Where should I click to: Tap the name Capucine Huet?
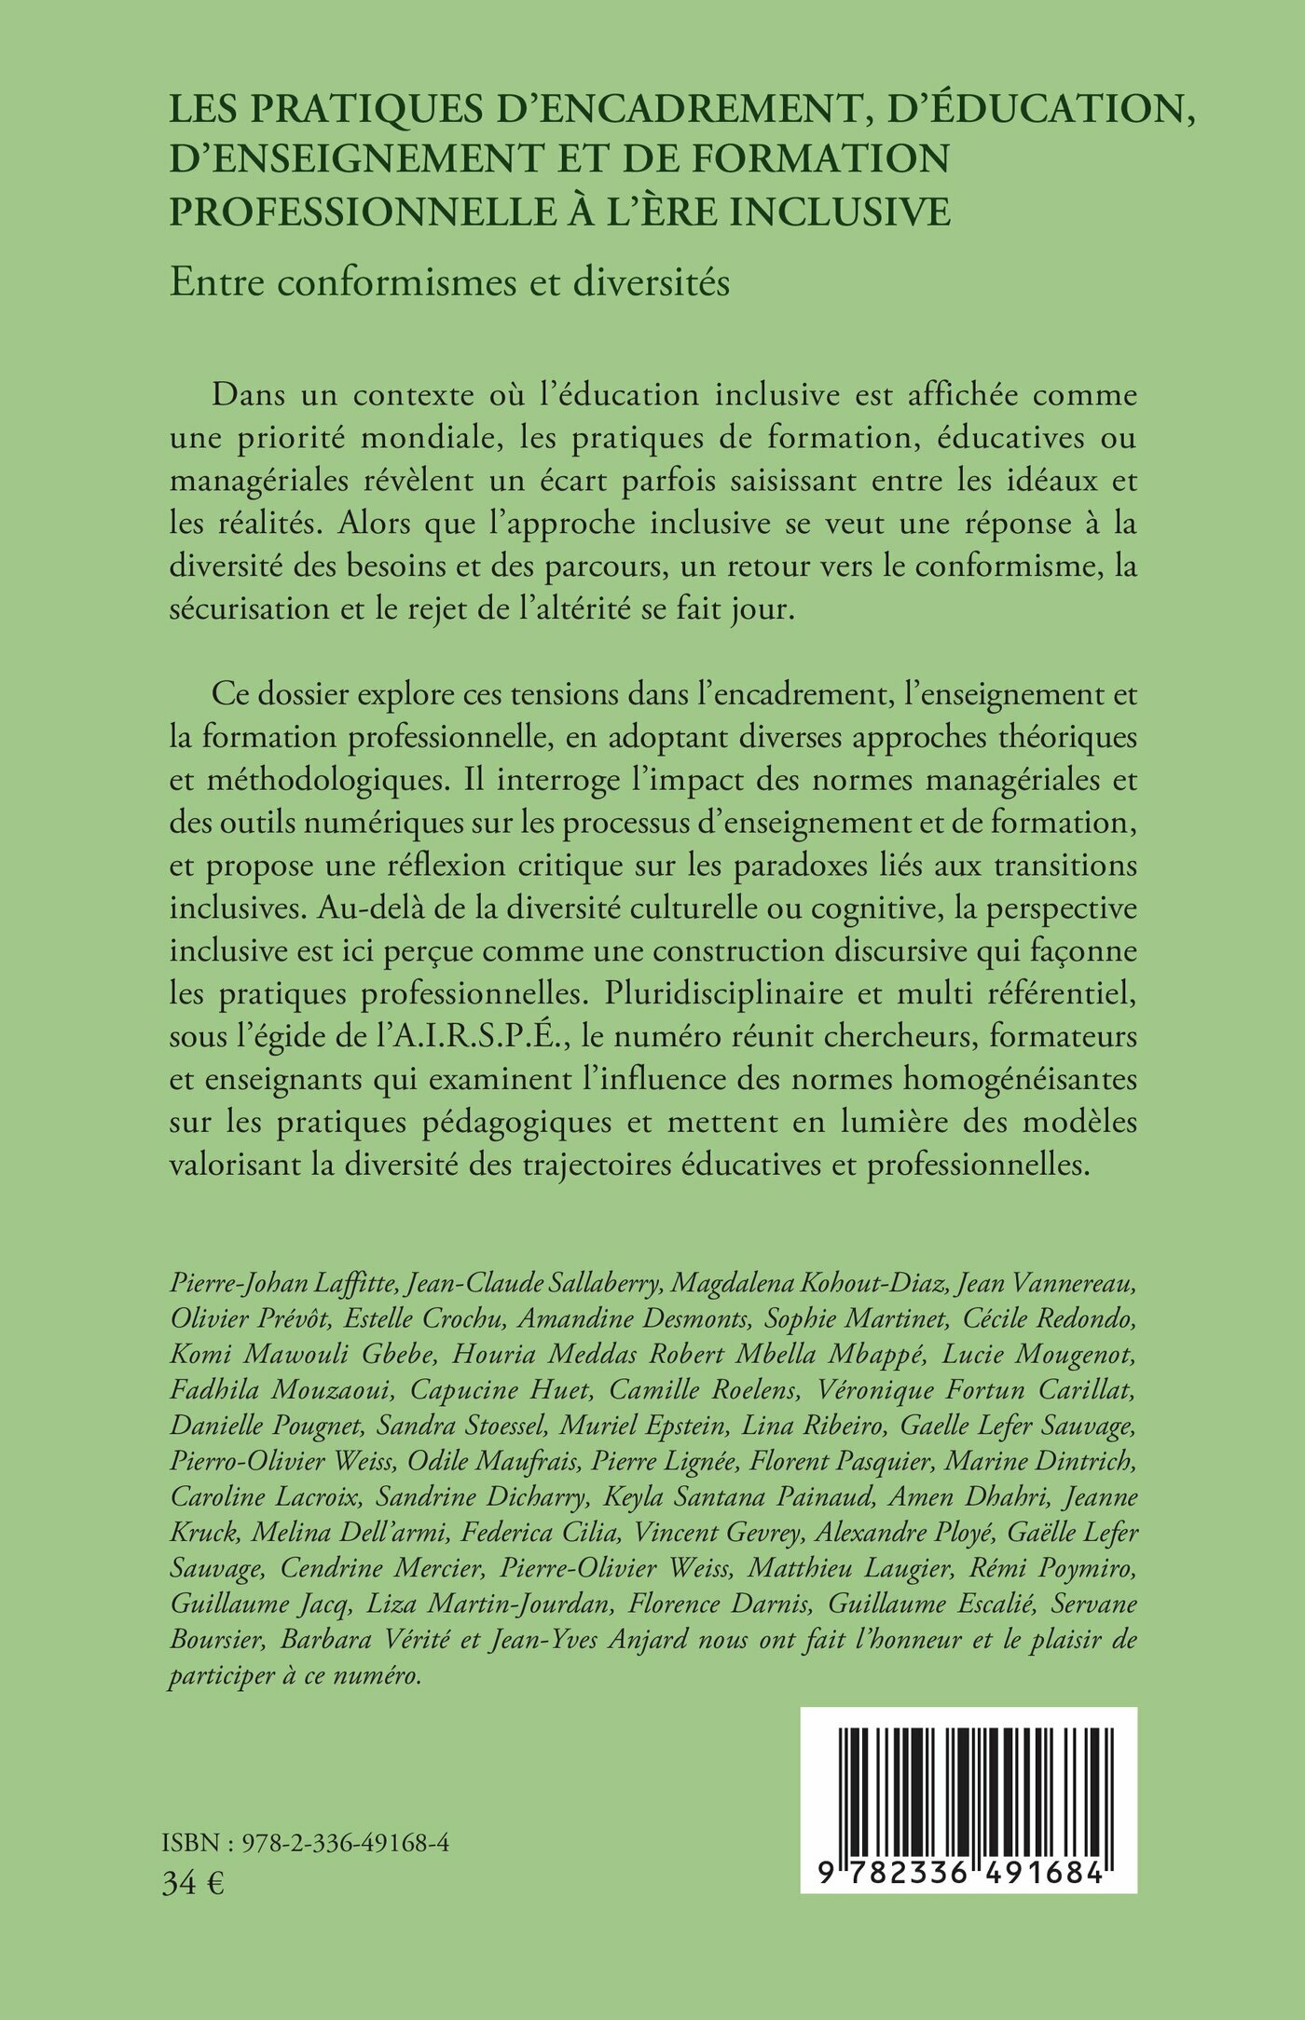pyautogui.click(x=501, y=1389)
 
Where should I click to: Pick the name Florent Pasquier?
pyautogui.click(x=846, y=1461)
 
